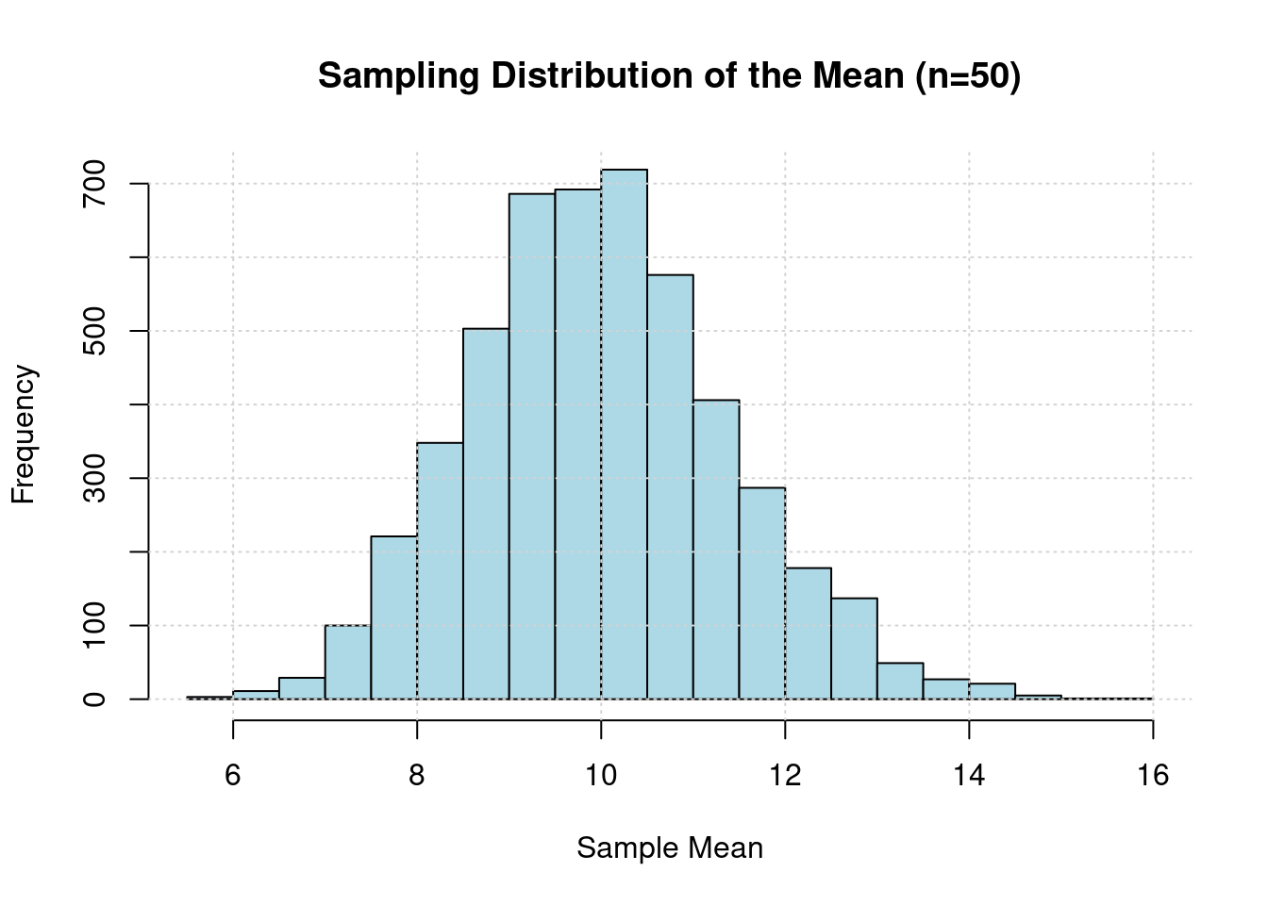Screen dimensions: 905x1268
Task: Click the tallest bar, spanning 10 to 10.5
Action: click(624, 434)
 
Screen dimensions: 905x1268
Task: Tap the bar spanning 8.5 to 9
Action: click(486, 514)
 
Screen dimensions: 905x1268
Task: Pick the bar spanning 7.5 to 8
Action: click(393, 617)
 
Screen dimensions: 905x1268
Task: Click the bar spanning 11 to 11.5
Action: click(716, 550)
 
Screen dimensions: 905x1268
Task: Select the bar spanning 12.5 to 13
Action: click(854, 649)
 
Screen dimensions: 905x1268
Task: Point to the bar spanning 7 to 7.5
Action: click(347, 662)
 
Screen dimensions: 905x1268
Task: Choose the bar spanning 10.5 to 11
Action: click(670, 486)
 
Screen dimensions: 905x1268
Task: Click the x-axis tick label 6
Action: click(233, 776)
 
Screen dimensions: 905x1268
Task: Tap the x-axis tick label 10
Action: click(601, 776)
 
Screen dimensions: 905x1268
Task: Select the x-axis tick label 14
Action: click(969, 776)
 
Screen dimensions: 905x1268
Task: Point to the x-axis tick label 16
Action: click(1153, 776)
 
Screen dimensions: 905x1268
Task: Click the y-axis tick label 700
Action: click(93, 184)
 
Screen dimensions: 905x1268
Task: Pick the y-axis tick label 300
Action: click(93, 478)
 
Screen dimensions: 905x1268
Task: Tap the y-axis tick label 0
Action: click(93, 699)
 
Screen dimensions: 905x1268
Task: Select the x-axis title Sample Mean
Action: click(670, 848)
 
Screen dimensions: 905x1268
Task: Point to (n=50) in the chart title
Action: click(968, 76)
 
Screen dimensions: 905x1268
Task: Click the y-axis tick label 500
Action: click(93, 331)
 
